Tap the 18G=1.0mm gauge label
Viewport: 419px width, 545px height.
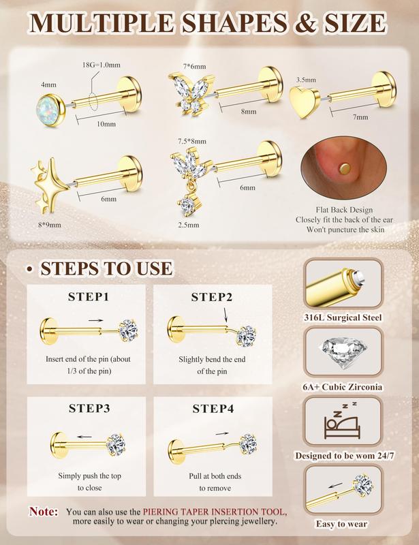pyautogui.click(x=102, y=65)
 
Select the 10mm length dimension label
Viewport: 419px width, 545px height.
pyautogui.click(x=106, y=124)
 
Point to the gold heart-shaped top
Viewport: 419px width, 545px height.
pyautogui.click(x=305, y=101)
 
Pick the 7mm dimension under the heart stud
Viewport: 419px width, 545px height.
pyautogui.click(x=360, y=116)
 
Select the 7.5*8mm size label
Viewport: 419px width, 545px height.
pyautogui.click(x=192, y=141)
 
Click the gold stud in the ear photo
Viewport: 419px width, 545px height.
pyautogui.click(x=345, y=169)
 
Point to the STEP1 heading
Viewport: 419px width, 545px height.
pyautogui.click(x=89, y=296)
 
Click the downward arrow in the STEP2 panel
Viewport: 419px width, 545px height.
pyautogui.click(x=226, y=315)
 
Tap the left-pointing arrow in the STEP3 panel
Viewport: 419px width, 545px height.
pyautogui.click(x=84, y=437)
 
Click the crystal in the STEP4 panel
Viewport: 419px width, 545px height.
pyautogui.click(x=248, y=444)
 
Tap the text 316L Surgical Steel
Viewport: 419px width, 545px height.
pyautogui.click(x=343, y=317)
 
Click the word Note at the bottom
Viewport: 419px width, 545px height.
pyautogui.click(x=44, y=512)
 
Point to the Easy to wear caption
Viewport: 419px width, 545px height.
pyautogui.click(x=341, y=524)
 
